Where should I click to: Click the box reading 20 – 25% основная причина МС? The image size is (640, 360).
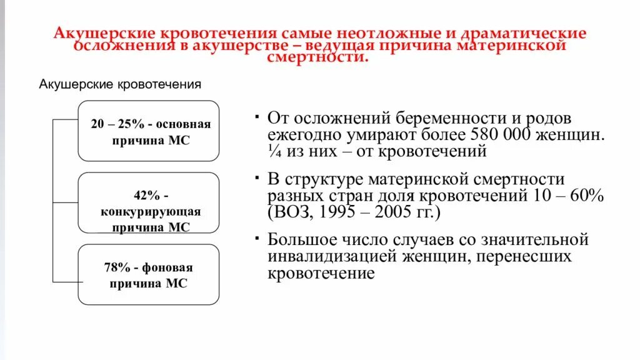pyautogui.click(x=149, y=131)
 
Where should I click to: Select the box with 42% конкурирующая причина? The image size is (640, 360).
pyautogui.click(x=149, y=202)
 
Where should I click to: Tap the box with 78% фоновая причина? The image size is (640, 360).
pyautogui.click(x=149, y=275)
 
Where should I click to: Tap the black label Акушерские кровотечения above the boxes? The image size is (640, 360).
pyautogui.click(x=120, y=84)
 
